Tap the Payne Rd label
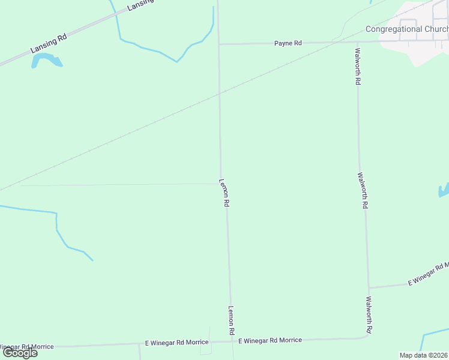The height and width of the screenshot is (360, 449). [x=288, y=43]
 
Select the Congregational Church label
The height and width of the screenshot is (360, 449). [x=407, y=29]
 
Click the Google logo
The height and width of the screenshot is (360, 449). [x=20, y=352]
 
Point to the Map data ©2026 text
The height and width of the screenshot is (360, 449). [x=423, y=355]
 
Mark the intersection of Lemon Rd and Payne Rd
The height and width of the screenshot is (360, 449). [x=218, y=44]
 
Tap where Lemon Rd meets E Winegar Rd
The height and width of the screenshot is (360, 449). [x=231, y=341]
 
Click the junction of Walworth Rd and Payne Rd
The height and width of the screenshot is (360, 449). [x=357, y=42]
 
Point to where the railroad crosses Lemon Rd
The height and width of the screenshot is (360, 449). [x=219, y=94]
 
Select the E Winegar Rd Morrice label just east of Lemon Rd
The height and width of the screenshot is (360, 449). [x=270, y=340]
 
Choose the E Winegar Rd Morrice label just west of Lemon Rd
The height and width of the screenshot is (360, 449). [x=177, y=342]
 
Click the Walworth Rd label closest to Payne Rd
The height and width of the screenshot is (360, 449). [x=358, y=66]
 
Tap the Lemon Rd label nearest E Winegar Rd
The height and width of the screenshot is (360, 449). [x=231, y=320]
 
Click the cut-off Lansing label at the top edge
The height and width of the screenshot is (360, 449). [x=141, y=5]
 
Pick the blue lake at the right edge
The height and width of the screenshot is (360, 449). [x=444, y=191]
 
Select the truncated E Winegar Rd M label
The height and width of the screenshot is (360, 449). [x=428, y=274]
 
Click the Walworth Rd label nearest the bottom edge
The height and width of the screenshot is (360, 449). [x=370, y=316]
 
